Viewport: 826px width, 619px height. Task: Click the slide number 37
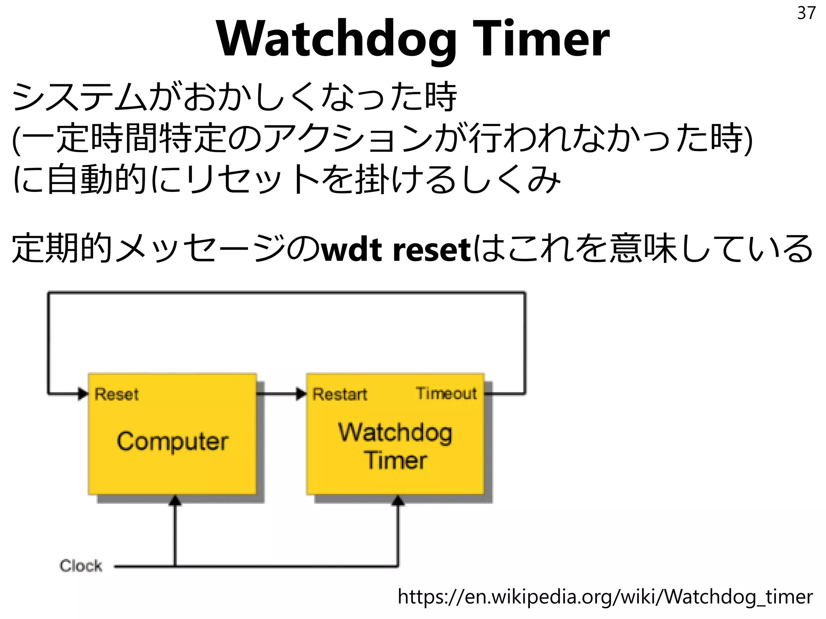tap(806, 13)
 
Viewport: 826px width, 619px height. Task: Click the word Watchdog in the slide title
tap(337, 39)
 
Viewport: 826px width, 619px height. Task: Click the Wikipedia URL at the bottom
tap(605, 596)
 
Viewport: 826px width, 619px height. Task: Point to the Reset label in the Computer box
tap(117, 394)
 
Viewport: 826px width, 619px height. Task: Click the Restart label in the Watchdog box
tap(340, 394)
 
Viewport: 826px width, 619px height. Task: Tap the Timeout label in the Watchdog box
tap(446, 393)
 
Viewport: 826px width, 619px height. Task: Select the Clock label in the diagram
tap(81, 566)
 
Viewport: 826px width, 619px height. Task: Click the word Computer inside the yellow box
tap(173, 441)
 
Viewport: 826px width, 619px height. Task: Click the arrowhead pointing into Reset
tap(83, 393)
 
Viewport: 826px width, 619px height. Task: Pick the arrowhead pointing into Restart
tap(301, 393)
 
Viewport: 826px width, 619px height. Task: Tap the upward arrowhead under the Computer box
tap(175, 501)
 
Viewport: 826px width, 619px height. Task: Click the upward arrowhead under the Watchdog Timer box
tap(398, 501)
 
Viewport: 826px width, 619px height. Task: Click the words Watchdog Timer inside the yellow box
tap(395, 446)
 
